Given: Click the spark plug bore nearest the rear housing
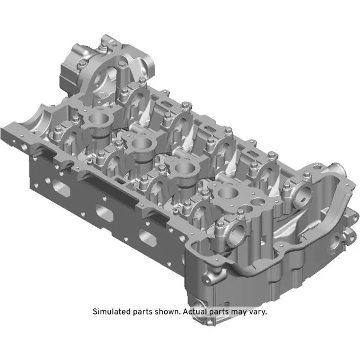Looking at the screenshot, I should click(97, 118).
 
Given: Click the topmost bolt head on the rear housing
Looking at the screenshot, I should click(105, 39).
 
